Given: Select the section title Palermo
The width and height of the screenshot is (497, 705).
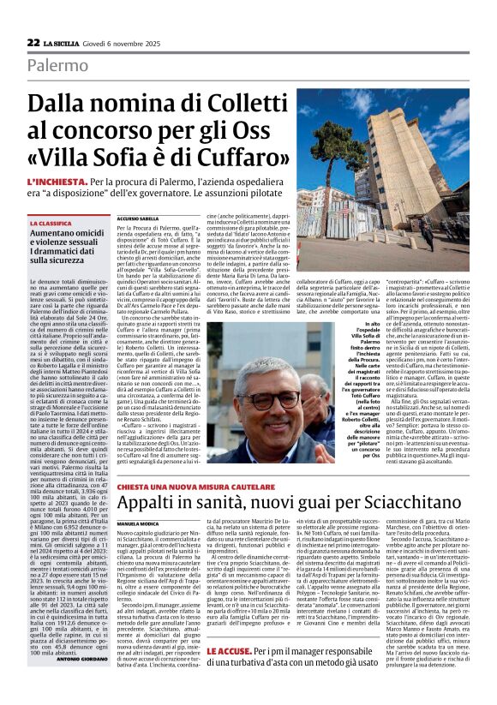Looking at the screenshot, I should tap(57, 66).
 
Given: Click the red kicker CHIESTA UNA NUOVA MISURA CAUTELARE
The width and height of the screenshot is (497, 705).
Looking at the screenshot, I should tap(188, 459).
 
